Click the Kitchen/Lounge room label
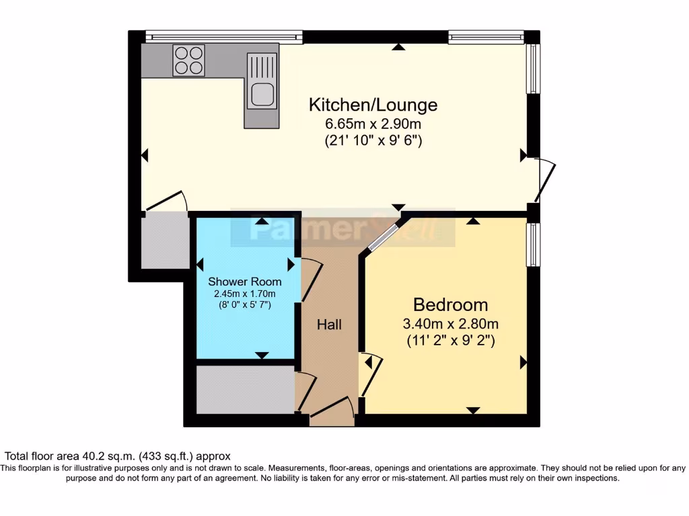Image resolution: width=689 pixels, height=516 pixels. point(373,105)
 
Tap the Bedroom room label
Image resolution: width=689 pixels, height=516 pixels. point(450,304)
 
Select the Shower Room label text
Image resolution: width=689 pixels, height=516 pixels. point(244,282)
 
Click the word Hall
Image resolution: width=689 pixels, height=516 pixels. point(329,325)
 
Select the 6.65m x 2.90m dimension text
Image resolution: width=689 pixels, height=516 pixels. point(373,124)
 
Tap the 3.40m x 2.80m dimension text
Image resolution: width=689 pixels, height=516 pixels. point(450,324)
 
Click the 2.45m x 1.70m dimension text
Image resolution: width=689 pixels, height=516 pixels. point(244,294)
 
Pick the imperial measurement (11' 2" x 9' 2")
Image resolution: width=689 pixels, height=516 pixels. point(450,341)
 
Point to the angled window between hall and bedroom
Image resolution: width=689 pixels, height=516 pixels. point(384,236)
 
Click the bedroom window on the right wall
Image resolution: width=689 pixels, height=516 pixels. point(533,245)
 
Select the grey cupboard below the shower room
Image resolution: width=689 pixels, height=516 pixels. point(245,390)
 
